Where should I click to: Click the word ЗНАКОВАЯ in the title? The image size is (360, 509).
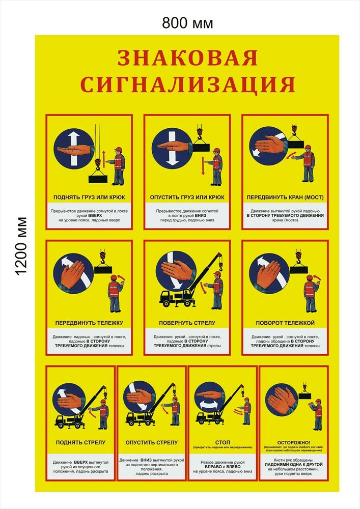tap(187, 59)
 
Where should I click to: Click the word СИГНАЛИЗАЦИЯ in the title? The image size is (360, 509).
tap(187, 84)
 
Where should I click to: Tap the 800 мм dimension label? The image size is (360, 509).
tap(187, 23)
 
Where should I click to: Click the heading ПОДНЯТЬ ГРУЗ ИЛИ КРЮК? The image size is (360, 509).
tap(89, 196)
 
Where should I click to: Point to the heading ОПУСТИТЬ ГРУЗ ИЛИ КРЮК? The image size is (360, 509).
tap(187, 196)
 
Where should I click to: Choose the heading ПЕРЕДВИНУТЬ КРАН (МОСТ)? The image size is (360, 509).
tap(285, 196)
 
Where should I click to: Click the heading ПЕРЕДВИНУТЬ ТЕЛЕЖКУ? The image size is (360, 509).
tap(89, 323)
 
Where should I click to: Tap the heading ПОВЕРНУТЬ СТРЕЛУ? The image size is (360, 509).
tap(187, 323)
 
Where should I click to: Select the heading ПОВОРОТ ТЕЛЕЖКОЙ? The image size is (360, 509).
tap(285, 323)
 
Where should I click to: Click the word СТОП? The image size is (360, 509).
tap(223, 442)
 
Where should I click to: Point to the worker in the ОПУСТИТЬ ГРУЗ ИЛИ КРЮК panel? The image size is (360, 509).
tap(217, 166)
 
